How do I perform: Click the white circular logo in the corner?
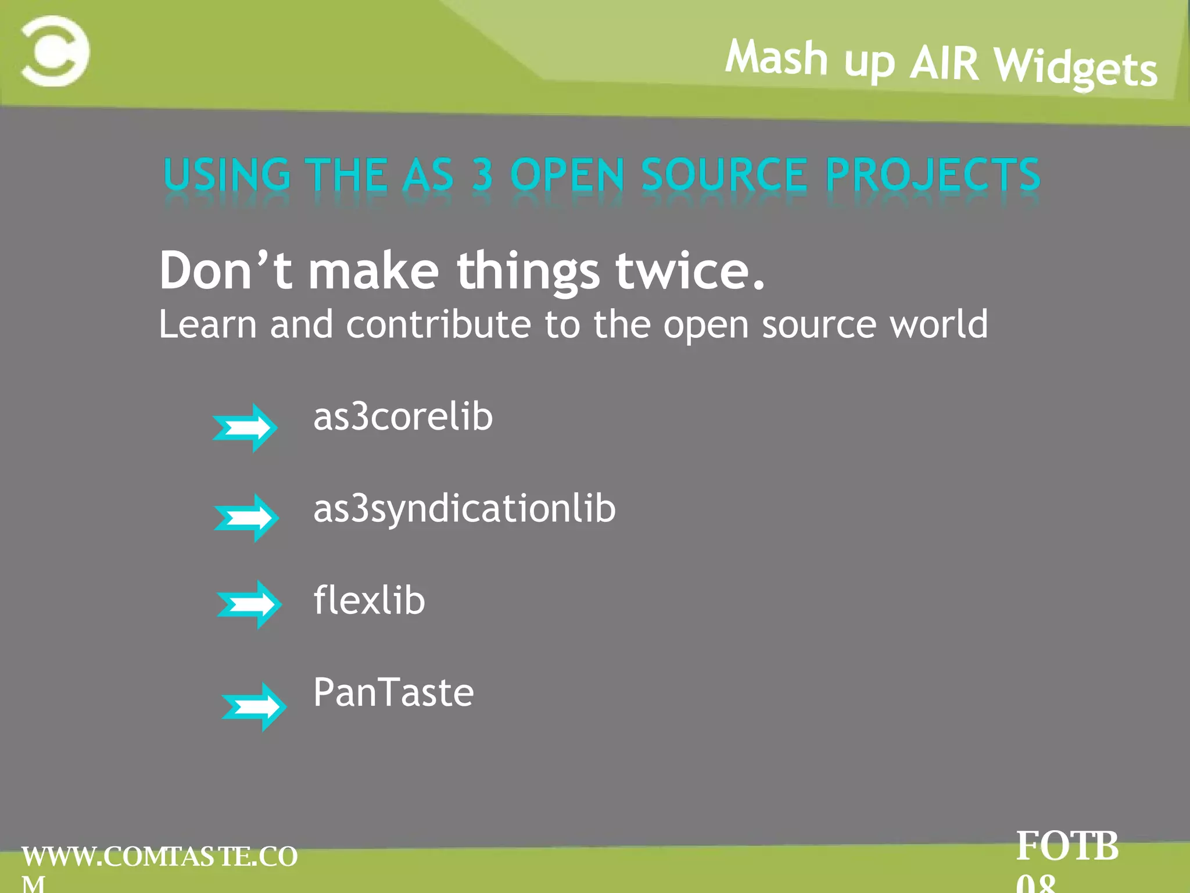(x=55, y=51)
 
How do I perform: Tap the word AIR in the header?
(x=944, y=63)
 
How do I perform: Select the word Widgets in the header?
(x=1075, y=69)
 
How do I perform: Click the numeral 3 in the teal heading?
(x=482, y=174)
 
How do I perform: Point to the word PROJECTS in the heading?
(x=932, y=174)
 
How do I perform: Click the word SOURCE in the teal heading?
(x=724, y=174)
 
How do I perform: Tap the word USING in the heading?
(x=227, y=174)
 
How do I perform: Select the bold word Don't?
(x=225, y=270)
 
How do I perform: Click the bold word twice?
(x=690, y=270)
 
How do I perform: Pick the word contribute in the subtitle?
(x=438, y=324)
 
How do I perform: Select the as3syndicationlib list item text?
(x=464, y=509)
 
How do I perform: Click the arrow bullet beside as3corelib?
(x=245, y=427)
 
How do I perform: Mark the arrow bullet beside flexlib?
(x=249, y=605)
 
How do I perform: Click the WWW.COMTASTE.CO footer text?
(x=159, y=856)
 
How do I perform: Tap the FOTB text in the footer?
(x=1067, y=846)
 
